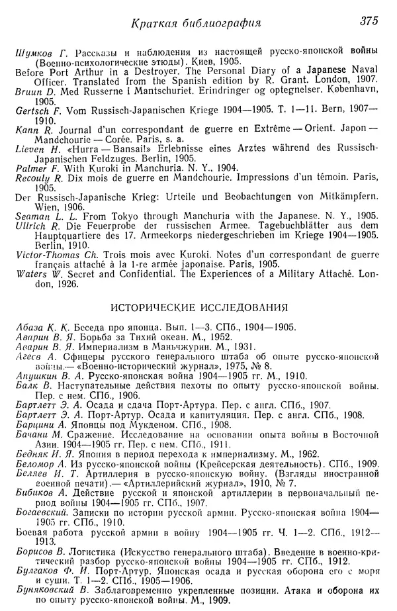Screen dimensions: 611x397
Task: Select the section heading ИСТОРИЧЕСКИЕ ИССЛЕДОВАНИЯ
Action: coord(198,307)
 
